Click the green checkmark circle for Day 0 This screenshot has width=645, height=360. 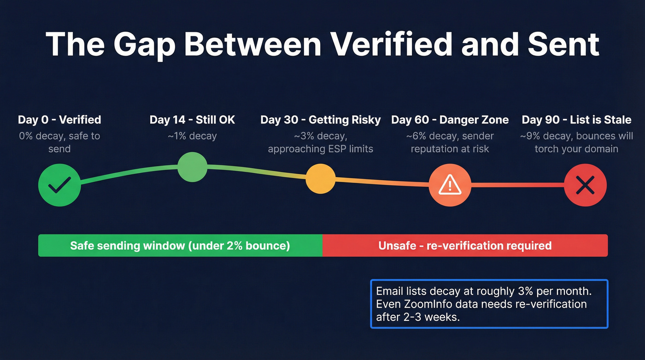coord(59,185)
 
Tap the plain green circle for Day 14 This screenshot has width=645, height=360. coord(193,167)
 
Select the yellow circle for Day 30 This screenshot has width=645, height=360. coord(321,179)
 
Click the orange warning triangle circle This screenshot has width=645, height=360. coord(450,185)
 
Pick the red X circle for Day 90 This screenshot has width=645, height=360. coord(585,185)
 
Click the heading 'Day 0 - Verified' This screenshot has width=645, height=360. coord(59,120)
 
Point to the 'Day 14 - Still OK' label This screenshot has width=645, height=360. coord(192,120)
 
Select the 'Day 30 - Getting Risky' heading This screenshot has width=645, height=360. coord(321,120)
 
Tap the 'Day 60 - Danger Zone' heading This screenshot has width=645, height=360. coord(450,120)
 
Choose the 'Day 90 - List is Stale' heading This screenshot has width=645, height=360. coord(576,120)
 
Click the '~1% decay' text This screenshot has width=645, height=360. coord(192,136)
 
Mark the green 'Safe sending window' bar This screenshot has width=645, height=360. coord(180,245)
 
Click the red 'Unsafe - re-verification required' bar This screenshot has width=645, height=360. coord(465,245)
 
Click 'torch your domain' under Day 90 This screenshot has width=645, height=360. coord(576,149)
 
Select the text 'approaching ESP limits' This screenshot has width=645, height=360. coord(321,149)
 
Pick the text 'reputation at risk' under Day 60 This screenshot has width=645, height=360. coord(450,149)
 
